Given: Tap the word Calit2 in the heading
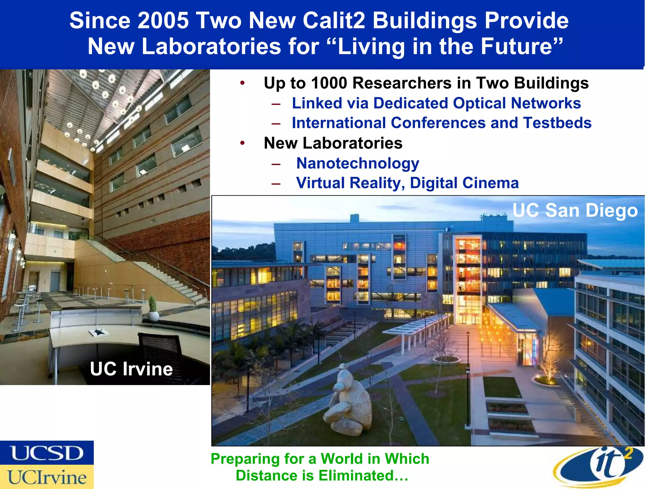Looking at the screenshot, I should click(x=334, y=21).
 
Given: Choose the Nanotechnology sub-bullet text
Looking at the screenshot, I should click(x=357, y=163).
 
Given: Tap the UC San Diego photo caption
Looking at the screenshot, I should click(x=575, y=210).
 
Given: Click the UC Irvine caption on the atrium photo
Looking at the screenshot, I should click(x=131, y=369).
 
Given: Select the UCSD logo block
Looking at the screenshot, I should click(x=47, y=452).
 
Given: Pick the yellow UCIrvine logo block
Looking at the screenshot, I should click(x=47, y=477).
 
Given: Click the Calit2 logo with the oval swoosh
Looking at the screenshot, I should click(x=598, y=467).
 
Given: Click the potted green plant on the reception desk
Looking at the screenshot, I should click(x=153, y=307).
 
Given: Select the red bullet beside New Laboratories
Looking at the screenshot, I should click(x=242, y=143).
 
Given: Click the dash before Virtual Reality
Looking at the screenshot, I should click(x=276, y=184).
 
